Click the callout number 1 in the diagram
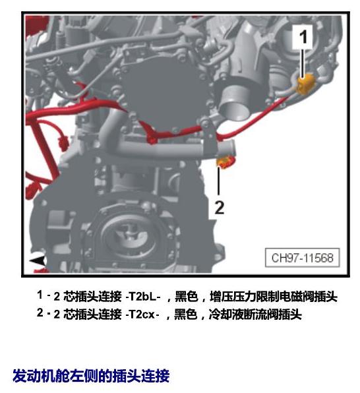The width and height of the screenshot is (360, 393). (x=303, y=36)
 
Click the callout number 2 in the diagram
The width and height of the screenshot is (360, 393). (x=220, y=207)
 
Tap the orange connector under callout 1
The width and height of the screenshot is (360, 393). (x=305, y=84)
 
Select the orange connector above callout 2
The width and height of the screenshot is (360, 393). (x=226, y=162)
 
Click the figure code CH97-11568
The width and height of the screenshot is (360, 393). (x=303, y=258)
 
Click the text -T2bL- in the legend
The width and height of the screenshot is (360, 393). (x=143, y=297)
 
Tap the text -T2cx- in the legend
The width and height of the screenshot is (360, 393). (x=142, y=315)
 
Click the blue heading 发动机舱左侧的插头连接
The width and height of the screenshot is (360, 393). (x=91, y=375)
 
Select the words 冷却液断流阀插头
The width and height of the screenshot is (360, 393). (x=255, y=315)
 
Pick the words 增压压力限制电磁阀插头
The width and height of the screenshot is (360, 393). (x=273, y=297)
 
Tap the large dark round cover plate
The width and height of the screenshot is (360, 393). (x=165, y=93)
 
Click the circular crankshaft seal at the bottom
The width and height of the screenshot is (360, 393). (x=129, y=235)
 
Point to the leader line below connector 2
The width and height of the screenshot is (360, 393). (x=219, y=181)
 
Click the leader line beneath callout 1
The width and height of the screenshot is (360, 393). (x=303, y=63)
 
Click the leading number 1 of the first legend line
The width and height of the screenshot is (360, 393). (x=40, y=295)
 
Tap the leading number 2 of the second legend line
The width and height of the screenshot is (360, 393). (x=40, y=313)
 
